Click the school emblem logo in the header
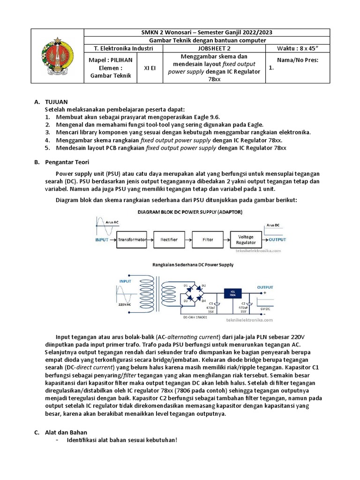coord(57,56)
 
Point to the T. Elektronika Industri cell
coord(123,48)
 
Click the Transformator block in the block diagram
coord(132,240)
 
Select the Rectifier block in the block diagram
coord(169,240)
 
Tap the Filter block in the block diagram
coord(208,240)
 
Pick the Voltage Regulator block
coord(247,240)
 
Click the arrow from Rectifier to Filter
coord(187,240)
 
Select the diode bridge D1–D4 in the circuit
coord(194,293)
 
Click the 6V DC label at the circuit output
coord(265,310)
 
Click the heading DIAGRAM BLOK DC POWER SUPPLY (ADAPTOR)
coord(190,212)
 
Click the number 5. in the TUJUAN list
coord(47,147)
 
